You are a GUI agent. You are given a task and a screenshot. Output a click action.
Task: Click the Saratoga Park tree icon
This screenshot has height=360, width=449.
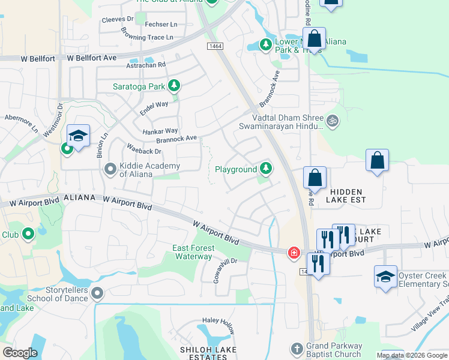click(174, 86)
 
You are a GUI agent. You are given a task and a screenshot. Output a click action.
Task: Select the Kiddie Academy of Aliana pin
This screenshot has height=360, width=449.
click(110, 169)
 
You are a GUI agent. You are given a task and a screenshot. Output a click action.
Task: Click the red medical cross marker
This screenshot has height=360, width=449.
click(294, 253)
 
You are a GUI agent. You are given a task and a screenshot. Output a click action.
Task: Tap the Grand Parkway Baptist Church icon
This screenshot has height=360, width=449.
click(296, 349)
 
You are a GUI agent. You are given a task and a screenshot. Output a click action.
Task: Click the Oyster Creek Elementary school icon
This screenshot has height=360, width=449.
click(385, 276)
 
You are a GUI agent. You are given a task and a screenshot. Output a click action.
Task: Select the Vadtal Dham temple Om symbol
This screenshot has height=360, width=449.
click(332, 121)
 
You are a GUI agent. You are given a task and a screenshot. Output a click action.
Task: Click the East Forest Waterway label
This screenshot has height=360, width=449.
click(192, 252)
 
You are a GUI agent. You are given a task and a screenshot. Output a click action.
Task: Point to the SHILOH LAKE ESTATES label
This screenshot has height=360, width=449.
click(208, 353)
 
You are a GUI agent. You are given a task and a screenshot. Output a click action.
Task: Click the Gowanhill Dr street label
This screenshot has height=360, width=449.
click(226, 266)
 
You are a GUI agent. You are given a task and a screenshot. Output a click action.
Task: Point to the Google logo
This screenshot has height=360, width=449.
click(20, 353)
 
